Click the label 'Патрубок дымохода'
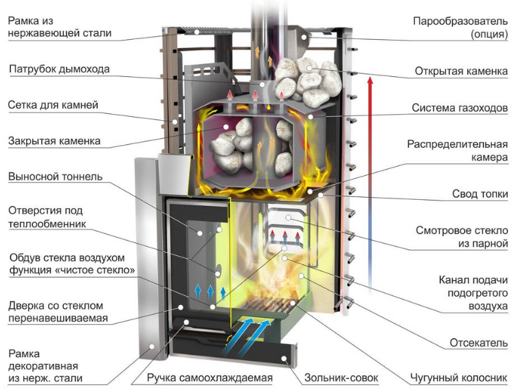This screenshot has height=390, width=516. (x=59, y=69)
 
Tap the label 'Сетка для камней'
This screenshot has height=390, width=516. (x=53, y=105)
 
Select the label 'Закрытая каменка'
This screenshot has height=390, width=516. (x=54, y=141)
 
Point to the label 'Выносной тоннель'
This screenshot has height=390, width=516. (x=55, y=176)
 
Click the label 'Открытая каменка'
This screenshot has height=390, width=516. (x=461, y=71)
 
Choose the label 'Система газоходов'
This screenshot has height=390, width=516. (x=460, y=108)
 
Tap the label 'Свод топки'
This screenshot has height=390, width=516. (x=480, y=194)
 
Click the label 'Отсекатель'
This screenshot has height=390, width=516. (x=479, y=343)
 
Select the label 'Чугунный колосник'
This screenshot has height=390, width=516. (x=459, y=378)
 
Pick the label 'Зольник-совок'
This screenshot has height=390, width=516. (x=341, y=378)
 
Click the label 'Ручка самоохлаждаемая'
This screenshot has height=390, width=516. (x=210, y=378)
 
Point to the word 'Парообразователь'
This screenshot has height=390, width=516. (x=460, y=22)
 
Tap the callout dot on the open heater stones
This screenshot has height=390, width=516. (x=309, y=68)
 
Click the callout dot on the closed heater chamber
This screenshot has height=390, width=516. (x=226, y=126)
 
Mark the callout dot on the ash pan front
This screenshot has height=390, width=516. (x=284, y=358)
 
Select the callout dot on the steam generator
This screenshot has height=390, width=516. (x=304, y=37)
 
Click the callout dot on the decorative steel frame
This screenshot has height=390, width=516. (x=152, y=346)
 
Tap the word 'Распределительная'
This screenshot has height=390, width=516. (x=458, y=144)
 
